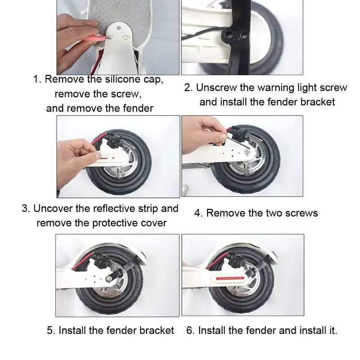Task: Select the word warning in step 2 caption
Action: (x=265, y=87)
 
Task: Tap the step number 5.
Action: (x=51, y=331)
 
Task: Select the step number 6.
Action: (x=190, y=331)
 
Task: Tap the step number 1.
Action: (x=37, y=80)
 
